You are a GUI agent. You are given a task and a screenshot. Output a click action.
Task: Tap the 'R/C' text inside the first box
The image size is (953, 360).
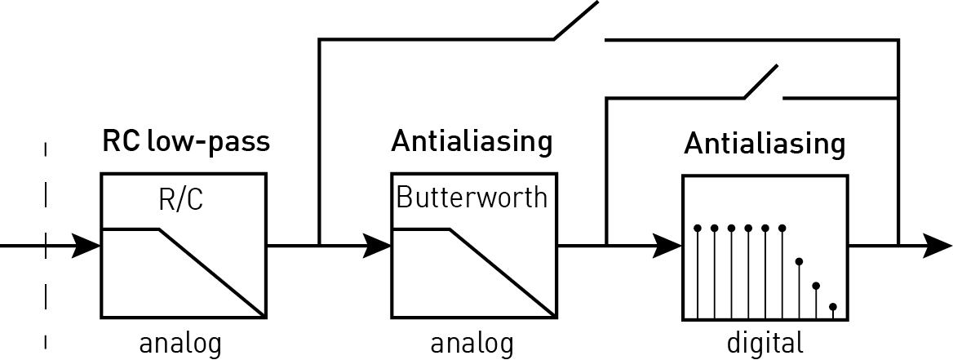pyautogui.click(x=181, y=200)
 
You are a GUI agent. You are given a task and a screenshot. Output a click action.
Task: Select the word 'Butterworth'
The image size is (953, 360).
pyautogui.click(x=471, y=198)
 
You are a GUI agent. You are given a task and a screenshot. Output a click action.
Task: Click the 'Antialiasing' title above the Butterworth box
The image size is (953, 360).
pyautogui.click(x=472, y=142)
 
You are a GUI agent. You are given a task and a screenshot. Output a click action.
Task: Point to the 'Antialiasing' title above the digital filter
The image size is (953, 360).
pyautogui.click(x=765, y=145)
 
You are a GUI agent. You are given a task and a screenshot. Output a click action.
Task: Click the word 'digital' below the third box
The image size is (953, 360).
pyautogui.click(x=765, y=341)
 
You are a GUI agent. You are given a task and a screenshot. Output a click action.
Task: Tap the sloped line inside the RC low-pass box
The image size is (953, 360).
pyautogui.click(x=211, y=273)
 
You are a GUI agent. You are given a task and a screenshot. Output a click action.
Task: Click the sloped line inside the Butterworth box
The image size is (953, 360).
pyautogui.click(x=501, y=273)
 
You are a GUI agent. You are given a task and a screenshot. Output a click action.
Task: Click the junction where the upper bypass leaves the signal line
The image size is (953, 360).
pyautogui.click(x=319, y=245)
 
